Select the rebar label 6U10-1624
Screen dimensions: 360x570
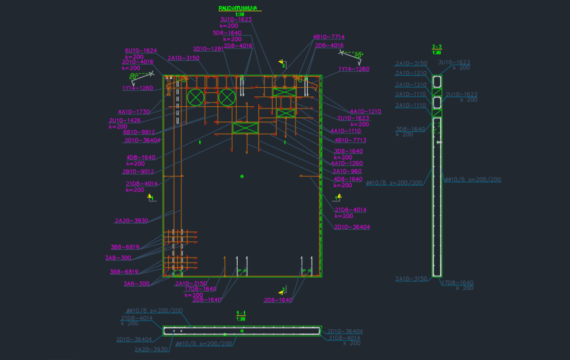tap(141, 51)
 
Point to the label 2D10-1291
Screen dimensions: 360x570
tap(208, 48)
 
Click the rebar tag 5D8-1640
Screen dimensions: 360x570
tap(227, 33)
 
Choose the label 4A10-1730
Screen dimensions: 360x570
tap(134, 112)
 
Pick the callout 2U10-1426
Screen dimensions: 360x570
tap(125, 120)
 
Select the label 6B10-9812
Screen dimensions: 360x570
tap(139, 132)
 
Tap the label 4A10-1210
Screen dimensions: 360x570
tap(365, 111)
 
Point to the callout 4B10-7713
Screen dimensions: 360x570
tap(351, 140)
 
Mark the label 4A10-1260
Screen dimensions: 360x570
tap(346, 163)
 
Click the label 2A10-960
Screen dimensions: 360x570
tap(347, 171)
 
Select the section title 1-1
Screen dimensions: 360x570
tap(241, 313)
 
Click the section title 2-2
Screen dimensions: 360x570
tap(437, 47)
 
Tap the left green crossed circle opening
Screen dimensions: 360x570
tap(195, 97)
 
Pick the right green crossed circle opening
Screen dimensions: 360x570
tap(227, 97)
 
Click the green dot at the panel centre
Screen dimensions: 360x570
tap(242, 176)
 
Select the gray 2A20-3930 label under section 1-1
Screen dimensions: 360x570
tap(151, 349)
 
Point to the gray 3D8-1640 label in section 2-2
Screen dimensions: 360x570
tap(411, 129)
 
